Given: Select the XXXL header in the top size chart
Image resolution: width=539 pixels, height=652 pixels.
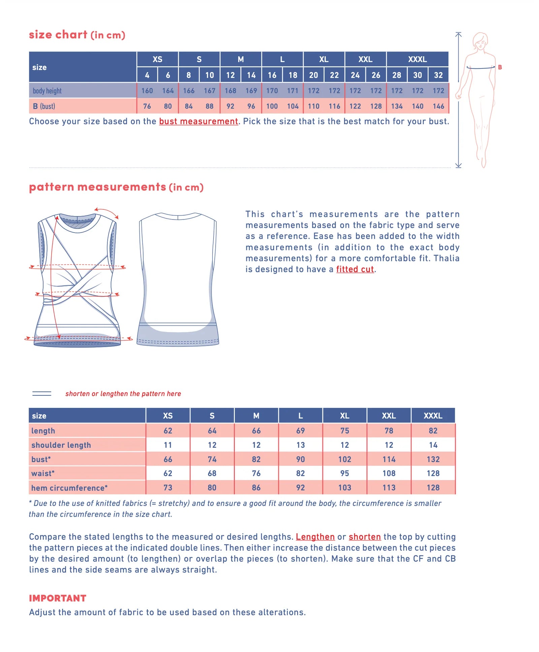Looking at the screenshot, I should pos(417,59).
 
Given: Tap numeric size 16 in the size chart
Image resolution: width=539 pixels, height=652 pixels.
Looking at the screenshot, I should pos(272,75).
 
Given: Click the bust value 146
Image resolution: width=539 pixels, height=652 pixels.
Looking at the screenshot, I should pos(438,106).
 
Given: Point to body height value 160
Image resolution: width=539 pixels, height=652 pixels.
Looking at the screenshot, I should pos(147,91).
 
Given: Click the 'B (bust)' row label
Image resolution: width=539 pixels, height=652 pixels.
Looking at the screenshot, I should pos(44,106).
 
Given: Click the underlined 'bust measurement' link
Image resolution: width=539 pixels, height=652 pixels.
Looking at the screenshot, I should pos(198,121).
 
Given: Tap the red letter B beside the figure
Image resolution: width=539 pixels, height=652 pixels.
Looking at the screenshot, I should pos(500,67).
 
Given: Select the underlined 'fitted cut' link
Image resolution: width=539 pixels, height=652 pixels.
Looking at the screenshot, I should pos(355,269).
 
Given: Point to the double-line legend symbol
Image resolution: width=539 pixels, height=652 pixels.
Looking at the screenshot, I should pos(42,393).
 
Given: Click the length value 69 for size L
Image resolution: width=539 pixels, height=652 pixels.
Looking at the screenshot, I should pos(300,431).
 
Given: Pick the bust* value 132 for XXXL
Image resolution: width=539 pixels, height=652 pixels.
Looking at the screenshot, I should pos(433,459).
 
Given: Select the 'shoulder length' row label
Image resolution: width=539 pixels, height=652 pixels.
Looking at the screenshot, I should pos(61,445).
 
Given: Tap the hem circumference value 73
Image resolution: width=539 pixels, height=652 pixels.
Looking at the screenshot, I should pos(167,487).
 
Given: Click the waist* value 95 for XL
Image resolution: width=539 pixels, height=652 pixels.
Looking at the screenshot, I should pos(344,473).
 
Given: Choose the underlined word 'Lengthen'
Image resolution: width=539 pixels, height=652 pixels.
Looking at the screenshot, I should pos(315,537).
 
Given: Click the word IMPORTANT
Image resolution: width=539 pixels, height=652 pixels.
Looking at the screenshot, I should pos(58,598).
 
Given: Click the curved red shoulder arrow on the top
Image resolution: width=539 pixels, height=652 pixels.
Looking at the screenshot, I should pos(107,212).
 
